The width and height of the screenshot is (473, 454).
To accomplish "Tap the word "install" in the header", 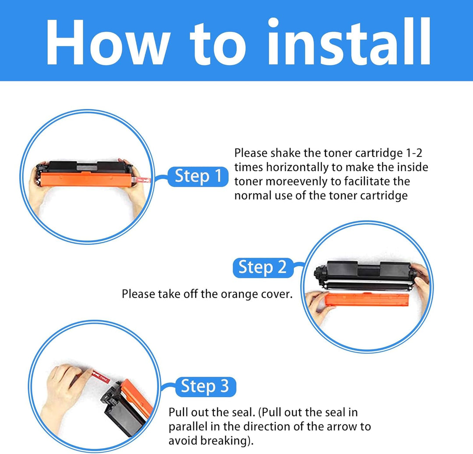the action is [349, 41].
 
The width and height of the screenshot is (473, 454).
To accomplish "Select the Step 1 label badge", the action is [198, 176].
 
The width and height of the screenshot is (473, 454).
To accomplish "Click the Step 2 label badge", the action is [263, 268].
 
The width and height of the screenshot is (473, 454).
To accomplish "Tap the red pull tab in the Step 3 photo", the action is [101, 377].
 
